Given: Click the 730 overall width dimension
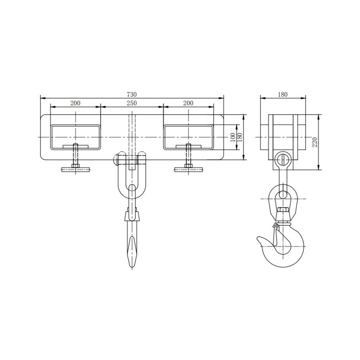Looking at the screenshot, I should (131, 94).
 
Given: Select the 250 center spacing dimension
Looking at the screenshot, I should (131, 103).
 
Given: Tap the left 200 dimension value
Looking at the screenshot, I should (76, 103).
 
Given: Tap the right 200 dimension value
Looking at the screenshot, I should (188, 103).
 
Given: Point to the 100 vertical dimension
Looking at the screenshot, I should (233, 137).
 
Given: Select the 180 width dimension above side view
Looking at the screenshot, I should (283, 94).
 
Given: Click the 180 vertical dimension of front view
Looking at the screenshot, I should (240, 137).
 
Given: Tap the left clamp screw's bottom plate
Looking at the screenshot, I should (76, 170).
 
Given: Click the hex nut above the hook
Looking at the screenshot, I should (283, 211).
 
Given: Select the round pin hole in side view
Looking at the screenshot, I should (283, 159).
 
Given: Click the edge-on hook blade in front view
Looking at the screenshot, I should (131, 250).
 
